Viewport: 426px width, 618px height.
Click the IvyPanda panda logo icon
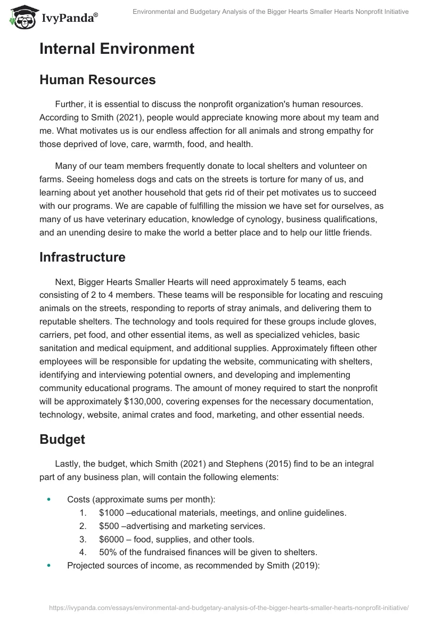(21, 16)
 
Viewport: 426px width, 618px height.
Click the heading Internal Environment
(117, 49)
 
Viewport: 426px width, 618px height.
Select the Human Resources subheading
(97, 80)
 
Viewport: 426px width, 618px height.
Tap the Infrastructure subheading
(83, 257)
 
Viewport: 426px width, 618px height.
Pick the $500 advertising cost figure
(109, 526)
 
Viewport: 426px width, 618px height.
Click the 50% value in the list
(108, 552)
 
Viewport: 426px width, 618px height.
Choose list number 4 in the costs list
(83, 552)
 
